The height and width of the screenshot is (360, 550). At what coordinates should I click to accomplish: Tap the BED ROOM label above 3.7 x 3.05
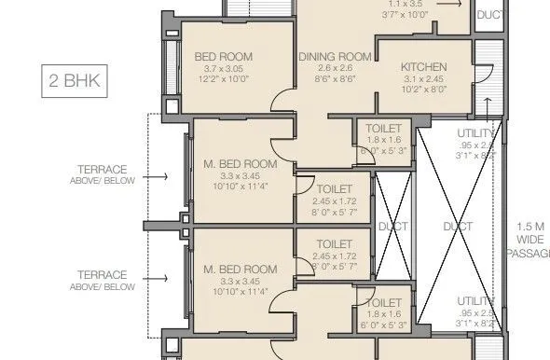tap(223, 57)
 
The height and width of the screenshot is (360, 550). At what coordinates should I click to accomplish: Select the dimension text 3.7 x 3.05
tap(223, 69)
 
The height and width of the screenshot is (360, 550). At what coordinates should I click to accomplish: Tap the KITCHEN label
tap(424, 67)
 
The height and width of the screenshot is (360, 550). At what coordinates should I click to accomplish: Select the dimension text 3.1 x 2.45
tap(424, 79)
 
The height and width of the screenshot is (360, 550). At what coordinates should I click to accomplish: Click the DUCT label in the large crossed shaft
tap(458, 227)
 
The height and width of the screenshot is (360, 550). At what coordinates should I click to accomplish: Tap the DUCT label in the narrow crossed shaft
tap(387, 227)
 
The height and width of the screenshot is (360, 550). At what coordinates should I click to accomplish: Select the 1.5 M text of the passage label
tap(532, 227)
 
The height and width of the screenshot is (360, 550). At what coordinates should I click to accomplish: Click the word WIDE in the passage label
tap(532, 240)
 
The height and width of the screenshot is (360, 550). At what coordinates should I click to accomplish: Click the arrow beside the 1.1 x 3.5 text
tap(448, 5)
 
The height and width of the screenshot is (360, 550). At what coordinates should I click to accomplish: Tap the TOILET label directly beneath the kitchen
tap(383, 127)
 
